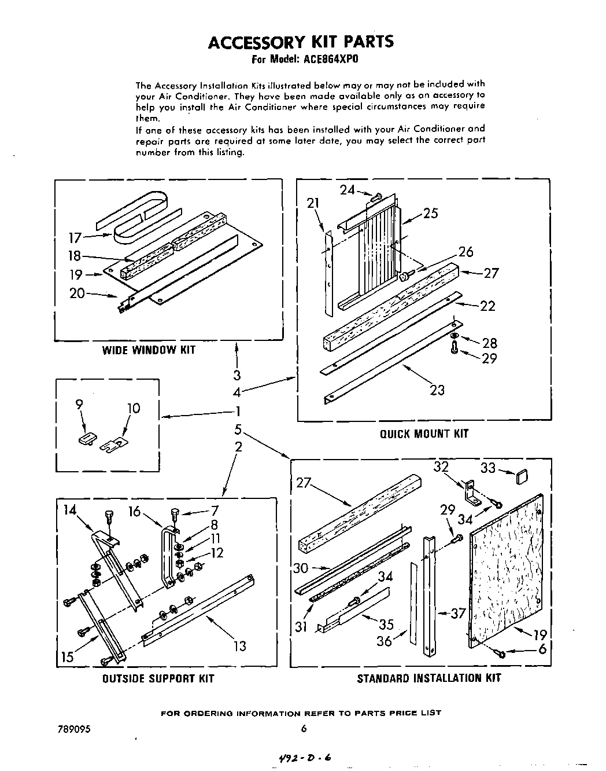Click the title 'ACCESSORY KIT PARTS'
click(x=300, y=42)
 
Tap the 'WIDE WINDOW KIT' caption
click(x=149, y=350)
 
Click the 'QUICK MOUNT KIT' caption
click(x=424, y=434)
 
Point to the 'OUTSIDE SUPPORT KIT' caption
click(x=158, y=678)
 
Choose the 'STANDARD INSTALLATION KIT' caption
click(x=428, y=678)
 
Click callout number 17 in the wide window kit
click(x=75, y=237)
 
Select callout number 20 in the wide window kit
click(x=77, y=293)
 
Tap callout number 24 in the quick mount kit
click(x=347, y=189)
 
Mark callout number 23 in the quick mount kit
click(x=437, y=390)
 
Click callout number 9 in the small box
click(x=79, y=406)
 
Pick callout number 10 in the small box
click(x=133, y=409)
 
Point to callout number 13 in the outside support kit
click(x=239, y=646)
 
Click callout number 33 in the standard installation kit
click(x=488, y=468)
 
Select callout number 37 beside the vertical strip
click(x=458, y=613)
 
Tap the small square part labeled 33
click(x=522, y=477)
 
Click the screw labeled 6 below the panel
click(x=501, y=653)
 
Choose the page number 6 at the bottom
click(x=303, y=729)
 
